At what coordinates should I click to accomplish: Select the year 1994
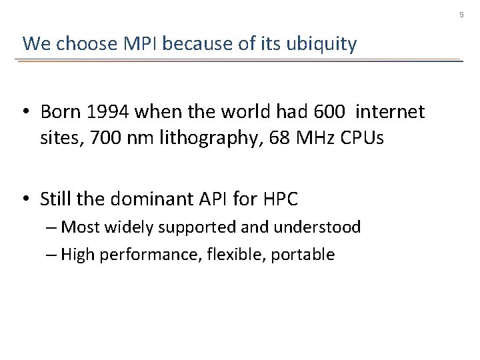click(x=107, y=111)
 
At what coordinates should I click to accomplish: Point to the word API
click(x=211, y=199)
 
